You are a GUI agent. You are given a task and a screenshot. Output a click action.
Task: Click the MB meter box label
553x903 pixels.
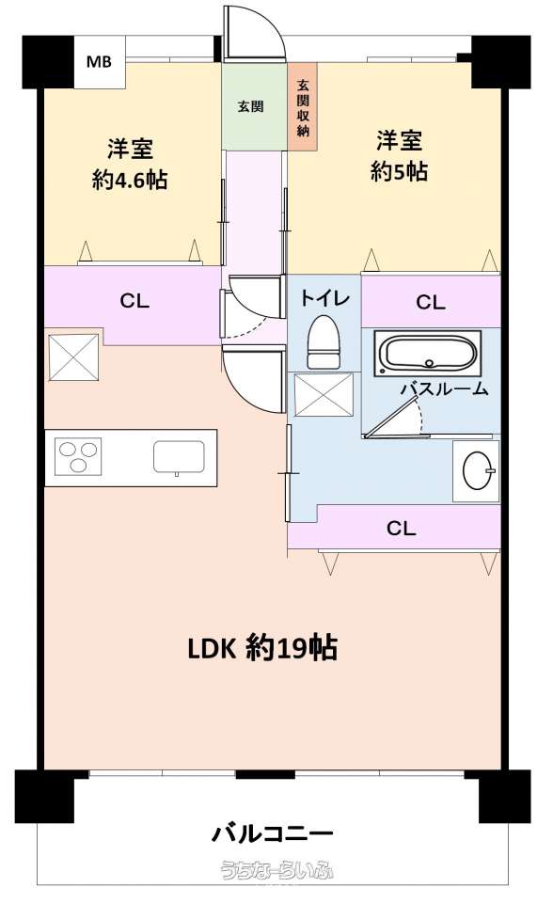[99, 61]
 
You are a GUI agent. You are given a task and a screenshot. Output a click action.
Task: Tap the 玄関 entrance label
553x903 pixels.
[250, 106]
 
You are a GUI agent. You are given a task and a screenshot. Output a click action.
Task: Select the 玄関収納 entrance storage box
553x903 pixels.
[303, 107]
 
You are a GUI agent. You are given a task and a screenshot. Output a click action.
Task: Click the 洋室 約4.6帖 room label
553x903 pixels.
[130, 164]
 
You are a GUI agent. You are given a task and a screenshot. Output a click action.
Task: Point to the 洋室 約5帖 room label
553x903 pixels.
[399, 155]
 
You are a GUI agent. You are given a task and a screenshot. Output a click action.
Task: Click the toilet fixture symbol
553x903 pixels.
[324, 342]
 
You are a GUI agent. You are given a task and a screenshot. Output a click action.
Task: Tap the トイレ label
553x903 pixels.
[324, 298]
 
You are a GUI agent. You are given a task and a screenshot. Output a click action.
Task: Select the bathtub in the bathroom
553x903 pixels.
[428, 353]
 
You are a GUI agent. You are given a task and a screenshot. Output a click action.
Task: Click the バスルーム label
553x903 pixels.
[445, 388]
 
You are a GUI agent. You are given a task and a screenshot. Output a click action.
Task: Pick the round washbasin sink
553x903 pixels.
[478, 470]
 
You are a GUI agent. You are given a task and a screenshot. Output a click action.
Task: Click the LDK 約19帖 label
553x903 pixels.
[262, 648]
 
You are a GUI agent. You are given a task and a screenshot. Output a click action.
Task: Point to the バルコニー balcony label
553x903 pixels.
[273, 833]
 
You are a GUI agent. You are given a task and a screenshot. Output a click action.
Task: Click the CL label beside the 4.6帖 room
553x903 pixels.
[134, 301]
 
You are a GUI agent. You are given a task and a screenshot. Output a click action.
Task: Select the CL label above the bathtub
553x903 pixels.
[431, 302]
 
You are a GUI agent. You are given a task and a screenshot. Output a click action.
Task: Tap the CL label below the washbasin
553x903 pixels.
[401, 528]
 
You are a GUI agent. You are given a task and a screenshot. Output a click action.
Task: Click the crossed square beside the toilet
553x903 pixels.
[324, 394]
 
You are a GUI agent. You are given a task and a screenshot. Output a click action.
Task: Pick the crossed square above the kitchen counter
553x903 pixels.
[73, 357]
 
